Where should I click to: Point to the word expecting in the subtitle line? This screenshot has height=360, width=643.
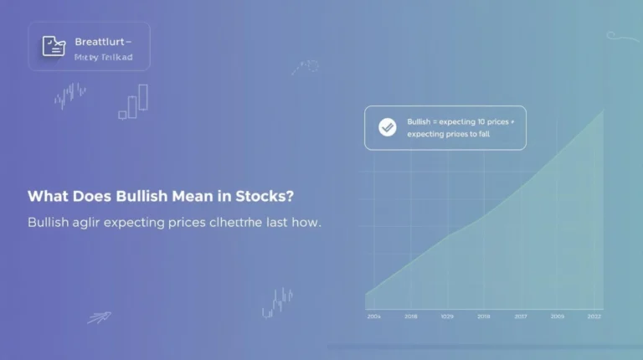(142, 224)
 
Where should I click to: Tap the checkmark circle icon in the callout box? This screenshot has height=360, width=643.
(387, 127)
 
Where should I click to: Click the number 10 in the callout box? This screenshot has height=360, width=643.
(478, 122)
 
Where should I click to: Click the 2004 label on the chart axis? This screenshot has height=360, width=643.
(374, 316)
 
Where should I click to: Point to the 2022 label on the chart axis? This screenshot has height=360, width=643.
(594, 316)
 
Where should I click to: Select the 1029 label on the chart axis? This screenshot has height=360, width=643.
(447, 316)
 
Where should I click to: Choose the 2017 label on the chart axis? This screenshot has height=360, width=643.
(521, 316)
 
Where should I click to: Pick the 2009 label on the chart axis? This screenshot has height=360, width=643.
(558, 316)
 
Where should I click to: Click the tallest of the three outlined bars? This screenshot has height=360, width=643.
(143, 97)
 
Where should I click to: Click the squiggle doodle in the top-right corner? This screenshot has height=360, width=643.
(621, 36)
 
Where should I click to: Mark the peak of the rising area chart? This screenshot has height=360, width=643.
(602, 111)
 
